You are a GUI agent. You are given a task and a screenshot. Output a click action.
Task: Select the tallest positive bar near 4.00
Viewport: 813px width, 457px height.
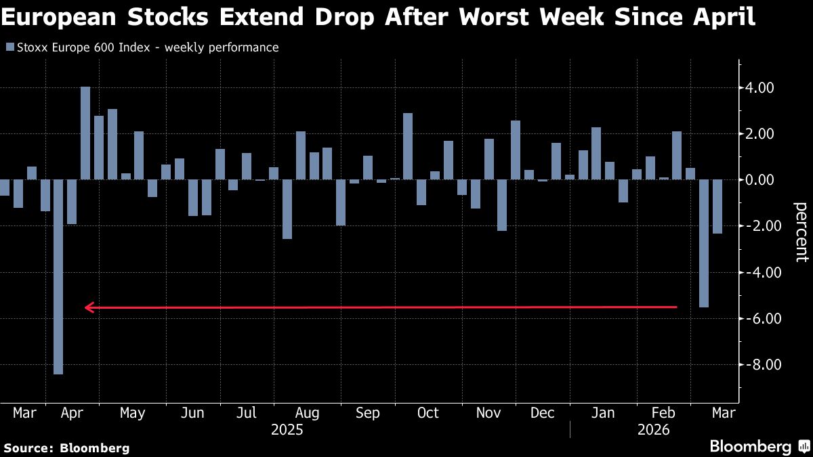85,133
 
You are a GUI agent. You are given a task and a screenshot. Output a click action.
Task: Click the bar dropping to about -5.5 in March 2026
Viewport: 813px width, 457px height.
703,243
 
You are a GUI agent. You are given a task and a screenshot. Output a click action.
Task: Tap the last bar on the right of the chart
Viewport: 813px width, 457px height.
717,206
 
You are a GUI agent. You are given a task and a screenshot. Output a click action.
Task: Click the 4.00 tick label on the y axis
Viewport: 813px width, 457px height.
759,88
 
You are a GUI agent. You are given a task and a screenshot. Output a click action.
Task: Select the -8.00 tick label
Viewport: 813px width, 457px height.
758,365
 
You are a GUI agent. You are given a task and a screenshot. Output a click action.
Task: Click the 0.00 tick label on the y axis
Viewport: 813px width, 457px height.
759,180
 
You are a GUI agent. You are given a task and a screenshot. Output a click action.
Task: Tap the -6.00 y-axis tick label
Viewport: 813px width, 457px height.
758,319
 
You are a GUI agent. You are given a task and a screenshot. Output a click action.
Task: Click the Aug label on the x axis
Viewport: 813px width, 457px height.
308,413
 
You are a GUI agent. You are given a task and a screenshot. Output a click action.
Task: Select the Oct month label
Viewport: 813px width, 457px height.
428,413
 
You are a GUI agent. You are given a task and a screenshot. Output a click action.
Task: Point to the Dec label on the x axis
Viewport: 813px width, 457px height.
542,413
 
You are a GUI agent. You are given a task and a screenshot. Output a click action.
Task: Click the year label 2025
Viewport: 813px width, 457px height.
287,430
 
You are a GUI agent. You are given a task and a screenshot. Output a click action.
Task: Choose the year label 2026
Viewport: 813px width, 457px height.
653,430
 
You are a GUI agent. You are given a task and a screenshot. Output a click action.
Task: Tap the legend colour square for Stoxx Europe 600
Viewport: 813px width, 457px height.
9,47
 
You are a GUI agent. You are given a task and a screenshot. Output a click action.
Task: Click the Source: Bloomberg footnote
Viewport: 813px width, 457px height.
66,448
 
